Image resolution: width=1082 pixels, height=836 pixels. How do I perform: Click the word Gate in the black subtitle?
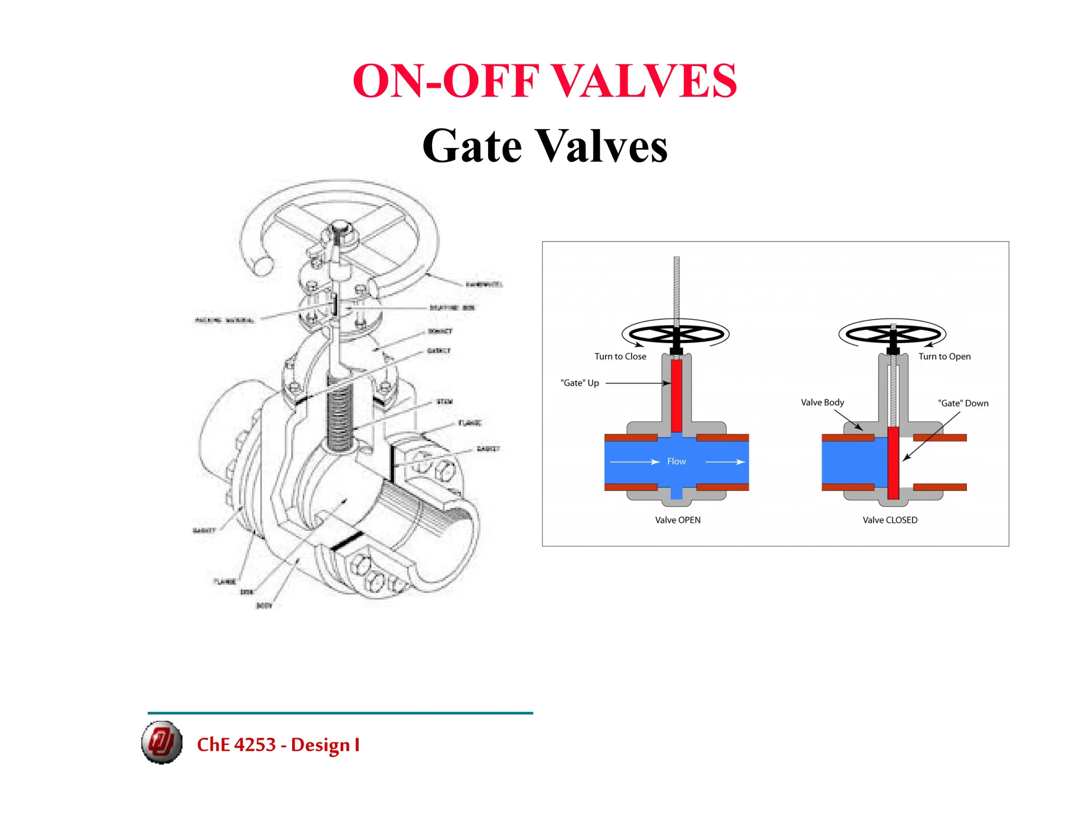(472, 146)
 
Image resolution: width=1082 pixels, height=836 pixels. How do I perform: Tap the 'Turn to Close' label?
(620, 357)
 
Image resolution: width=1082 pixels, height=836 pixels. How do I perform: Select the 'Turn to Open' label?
(944, 357)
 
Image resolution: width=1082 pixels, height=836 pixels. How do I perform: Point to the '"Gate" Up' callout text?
(580, 383)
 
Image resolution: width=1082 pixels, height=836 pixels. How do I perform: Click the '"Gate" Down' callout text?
(963, 403)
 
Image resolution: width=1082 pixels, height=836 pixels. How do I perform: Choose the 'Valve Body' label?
(822, 403)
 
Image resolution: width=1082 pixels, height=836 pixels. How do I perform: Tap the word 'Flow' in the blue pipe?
(676, 461)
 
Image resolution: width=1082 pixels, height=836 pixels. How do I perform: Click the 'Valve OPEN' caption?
(678, 520)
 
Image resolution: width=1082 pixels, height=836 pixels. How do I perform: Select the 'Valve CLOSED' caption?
(890, 520)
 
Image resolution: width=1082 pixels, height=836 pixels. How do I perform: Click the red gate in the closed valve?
(893, 462)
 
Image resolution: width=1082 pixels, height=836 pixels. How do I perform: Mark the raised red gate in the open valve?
(676, 395)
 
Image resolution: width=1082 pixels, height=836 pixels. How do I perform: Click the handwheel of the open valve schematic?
(676, 334)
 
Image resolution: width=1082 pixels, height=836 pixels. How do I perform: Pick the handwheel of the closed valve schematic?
(893, 334)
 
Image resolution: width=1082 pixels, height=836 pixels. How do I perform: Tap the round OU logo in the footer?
(162, 742)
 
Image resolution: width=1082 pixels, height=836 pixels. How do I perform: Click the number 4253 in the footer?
(255, 745)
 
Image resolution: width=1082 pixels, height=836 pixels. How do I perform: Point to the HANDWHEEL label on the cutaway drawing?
(484, 285)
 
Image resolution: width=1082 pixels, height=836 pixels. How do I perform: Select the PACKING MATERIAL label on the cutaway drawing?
(225, 320)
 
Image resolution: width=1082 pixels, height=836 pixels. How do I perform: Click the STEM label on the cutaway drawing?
(444, 402)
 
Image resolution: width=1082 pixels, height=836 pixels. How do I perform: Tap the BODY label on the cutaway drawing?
(264, 606)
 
